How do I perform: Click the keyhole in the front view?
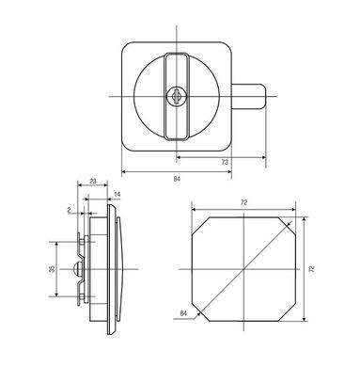click(177, 96)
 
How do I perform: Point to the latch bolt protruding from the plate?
click(249, 96)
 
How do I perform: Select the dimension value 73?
click(225, 162)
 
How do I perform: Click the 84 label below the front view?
click(177, 179)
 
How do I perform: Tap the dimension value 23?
click(93, 181)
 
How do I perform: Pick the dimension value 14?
click(117, 195)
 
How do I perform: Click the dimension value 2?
click(69, 210)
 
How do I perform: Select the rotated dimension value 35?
click(52, 269)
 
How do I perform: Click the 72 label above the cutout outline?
click(243, 202)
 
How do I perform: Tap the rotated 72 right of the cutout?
click(311, 269)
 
